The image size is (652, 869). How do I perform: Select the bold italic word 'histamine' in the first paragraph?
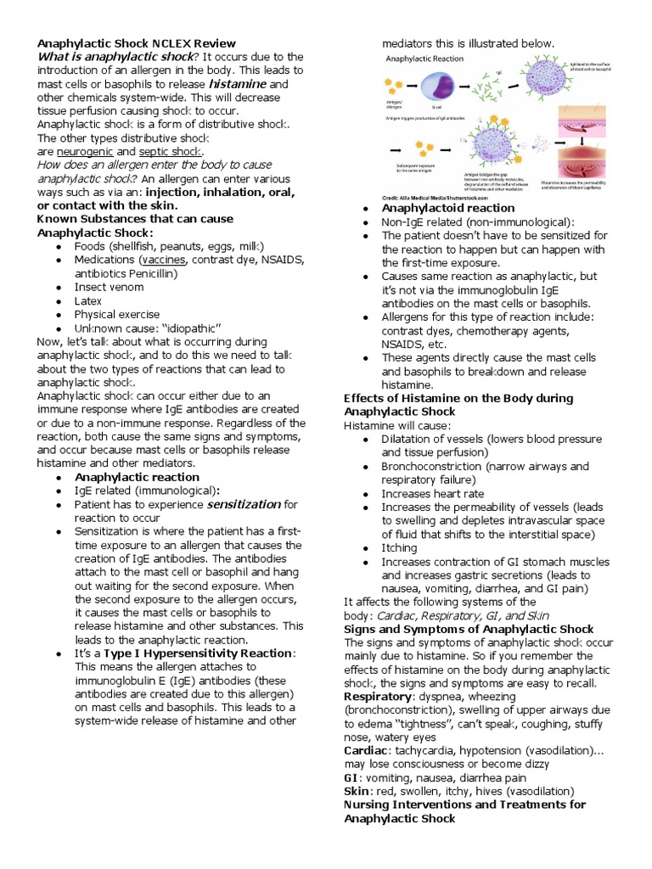pyautogui.click(x=238, y=85)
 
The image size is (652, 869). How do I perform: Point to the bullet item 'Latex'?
pyautogui.click(x=89, y=300)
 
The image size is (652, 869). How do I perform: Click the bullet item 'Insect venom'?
pyautogui.click(x=110, y=287)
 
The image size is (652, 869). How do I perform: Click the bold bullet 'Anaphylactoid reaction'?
pyautogui.click(x=448, y=208)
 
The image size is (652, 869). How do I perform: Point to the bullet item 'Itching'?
pyautogui.click(x=399, y=548)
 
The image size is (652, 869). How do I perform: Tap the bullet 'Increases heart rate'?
pyautogui.click(x=433, y=494)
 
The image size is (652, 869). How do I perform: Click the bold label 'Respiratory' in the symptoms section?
pyautogui.click(x=377, y=696)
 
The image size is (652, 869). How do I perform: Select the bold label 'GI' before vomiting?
pyautogui.click(x=351, y=777)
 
